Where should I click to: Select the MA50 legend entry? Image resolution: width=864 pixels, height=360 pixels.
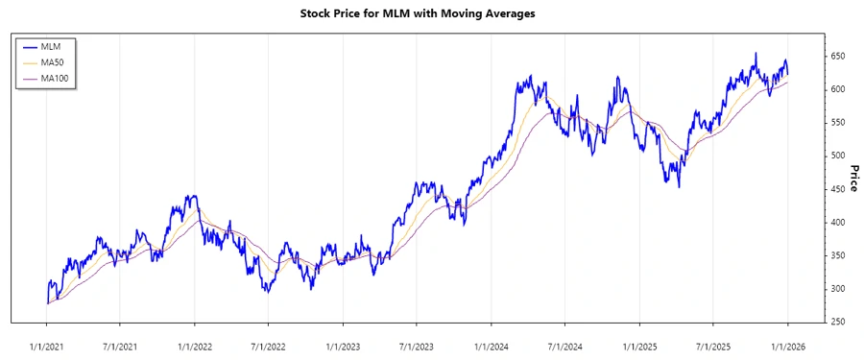[52, 61]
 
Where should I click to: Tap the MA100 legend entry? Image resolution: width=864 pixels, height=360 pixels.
[54, 78]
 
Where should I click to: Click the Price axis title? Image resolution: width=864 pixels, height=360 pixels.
[853, 178]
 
